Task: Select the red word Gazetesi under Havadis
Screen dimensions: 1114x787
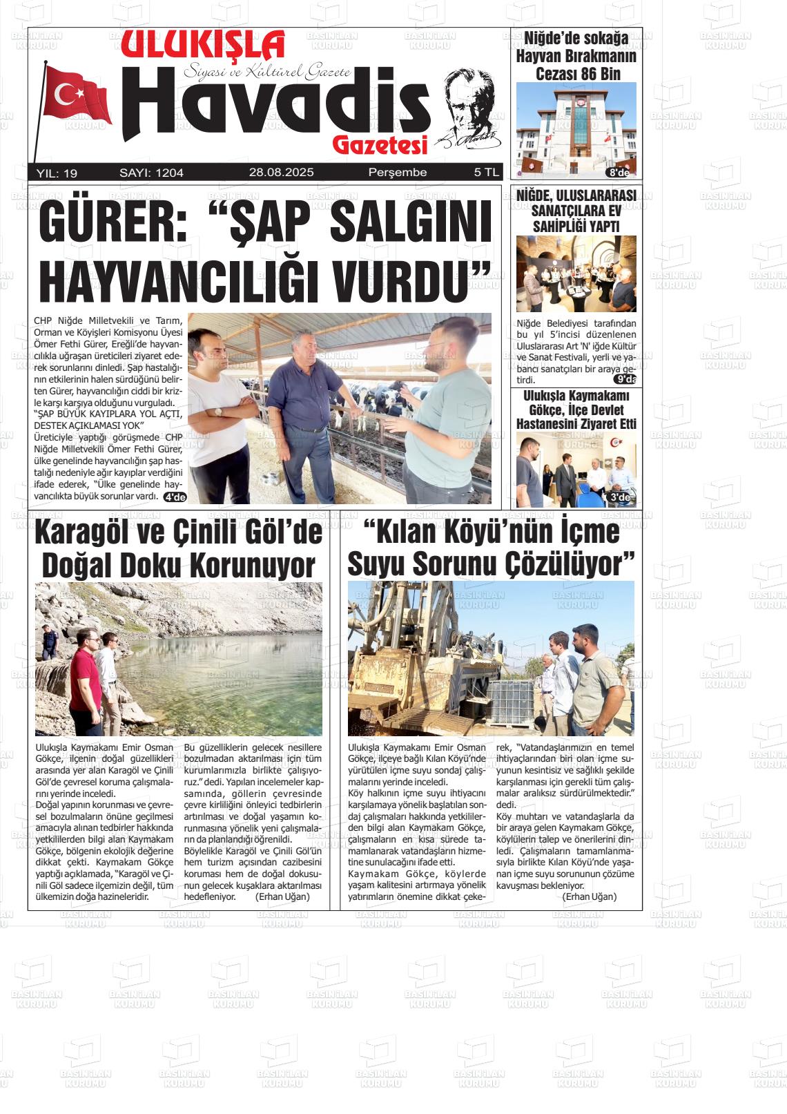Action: tap(380, 144)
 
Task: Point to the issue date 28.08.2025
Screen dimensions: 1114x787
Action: tap(281, 173)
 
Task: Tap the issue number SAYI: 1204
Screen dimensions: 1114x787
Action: tap(151, 173)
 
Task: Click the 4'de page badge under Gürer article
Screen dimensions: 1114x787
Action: tap(175, 497)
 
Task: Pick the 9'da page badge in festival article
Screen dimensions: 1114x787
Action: tap(625, 379)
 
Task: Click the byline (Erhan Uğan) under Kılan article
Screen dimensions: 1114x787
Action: tap(589, 896)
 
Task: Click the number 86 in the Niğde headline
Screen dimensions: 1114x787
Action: tap(581, 73)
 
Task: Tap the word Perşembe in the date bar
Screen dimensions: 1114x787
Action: tap(398, 173)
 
